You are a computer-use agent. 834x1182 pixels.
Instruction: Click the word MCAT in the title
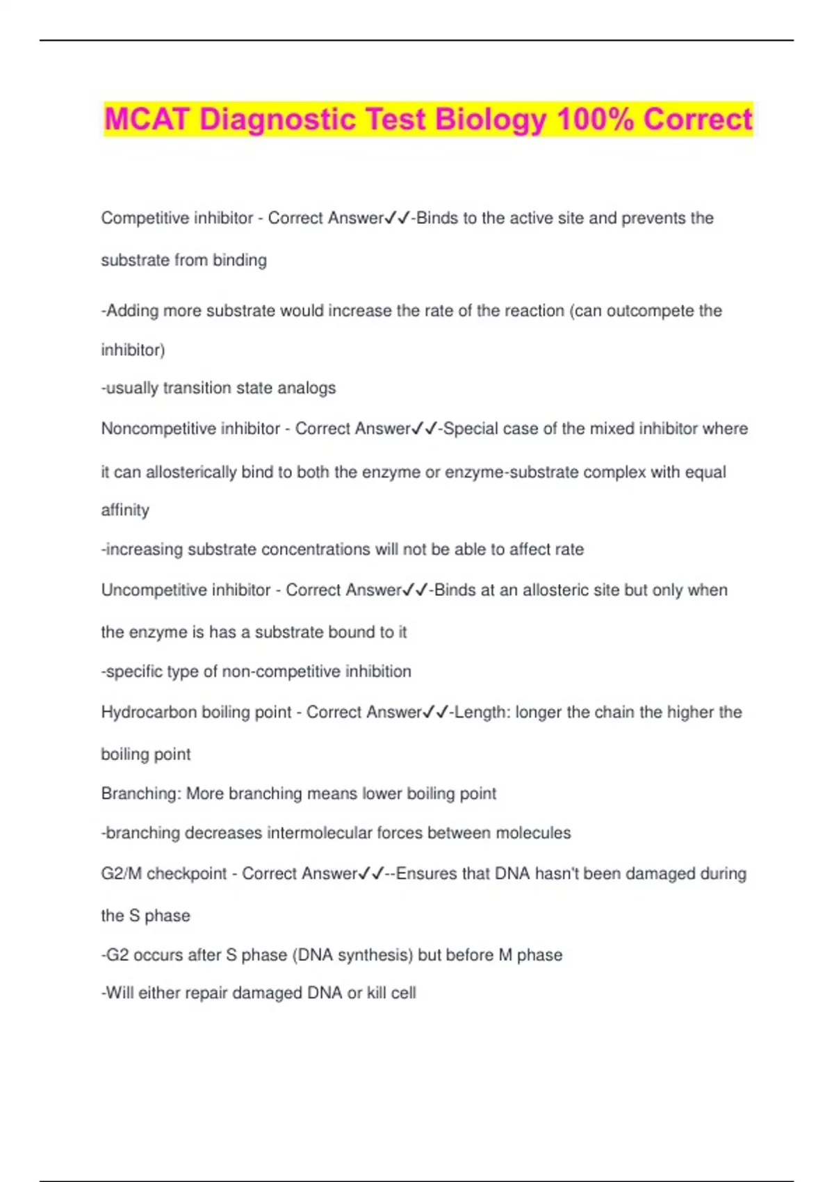147,119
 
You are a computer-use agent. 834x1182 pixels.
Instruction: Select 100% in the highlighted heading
595,119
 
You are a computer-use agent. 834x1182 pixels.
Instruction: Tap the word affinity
125,510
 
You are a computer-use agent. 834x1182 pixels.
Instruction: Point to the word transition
194,388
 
